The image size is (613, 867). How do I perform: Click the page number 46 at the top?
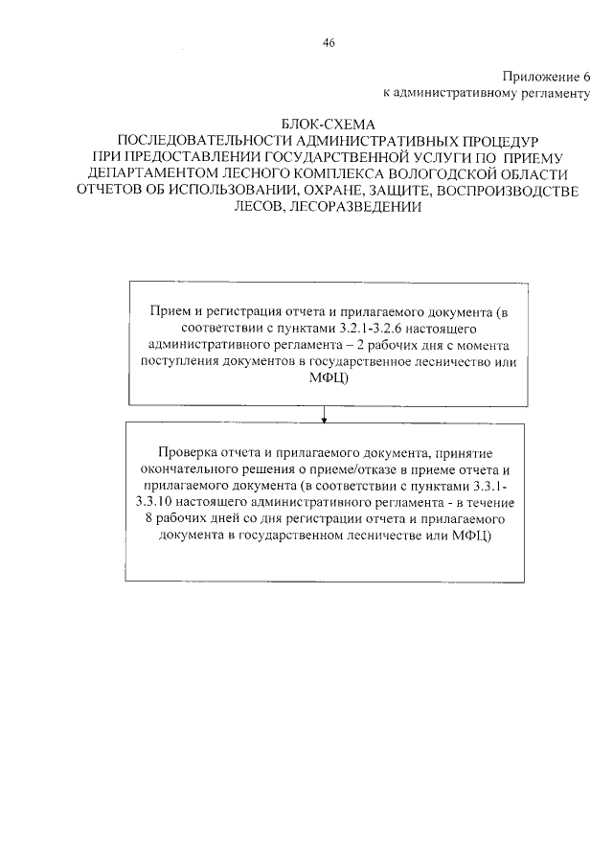[x=329, y=42]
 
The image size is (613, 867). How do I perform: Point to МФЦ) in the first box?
[x=326, y=377]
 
